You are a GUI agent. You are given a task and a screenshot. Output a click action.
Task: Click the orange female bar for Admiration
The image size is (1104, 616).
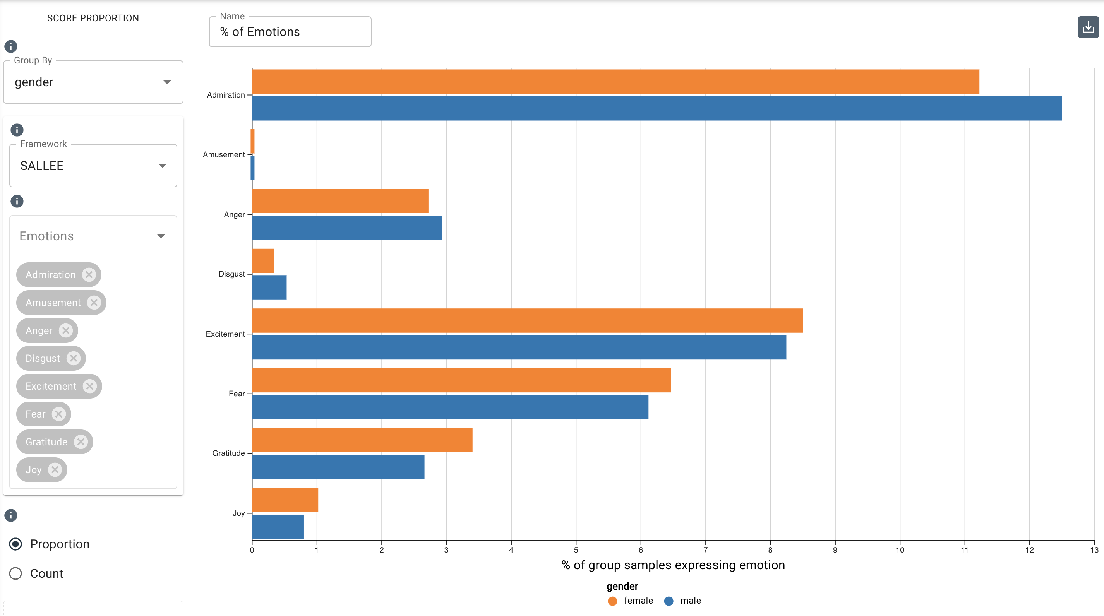[x=615, y=81]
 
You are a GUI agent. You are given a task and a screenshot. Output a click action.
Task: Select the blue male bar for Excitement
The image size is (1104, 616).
[x=519, y=347]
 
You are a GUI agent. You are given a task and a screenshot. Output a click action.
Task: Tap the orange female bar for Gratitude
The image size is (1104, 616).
[x=362, y=440]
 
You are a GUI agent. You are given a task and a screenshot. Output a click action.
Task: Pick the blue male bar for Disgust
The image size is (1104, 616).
[x=269, y=288]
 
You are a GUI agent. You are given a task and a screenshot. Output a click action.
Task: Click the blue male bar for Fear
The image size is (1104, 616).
[x=450, y=407]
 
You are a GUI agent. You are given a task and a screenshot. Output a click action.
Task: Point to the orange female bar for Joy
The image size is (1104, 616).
[x=285, y=500]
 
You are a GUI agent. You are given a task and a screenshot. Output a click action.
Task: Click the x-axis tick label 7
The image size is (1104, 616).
[x=705, y=550]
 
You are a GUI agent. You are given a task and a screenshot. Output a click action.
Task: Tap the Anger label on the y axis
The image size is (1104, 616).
[x=234, y=214]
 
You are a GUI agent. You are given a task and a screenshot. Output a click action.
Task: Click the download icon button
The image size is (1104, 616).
[x=1088, y=27]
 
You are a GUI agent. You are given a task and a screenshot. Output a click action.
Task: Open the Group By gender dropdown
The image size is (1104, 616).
[x=93, y=82]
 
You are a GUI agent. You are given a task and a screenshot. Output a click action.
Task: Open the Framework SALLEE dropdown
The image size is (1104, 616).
[x=93, y=165]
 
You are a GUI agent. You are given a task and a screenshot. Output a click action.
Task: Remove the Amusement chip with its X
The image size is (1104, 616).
[x=94, y=303]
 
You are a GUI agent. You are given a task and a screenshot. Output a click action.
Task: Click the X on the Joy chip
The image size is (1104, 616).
[x=55, y=470]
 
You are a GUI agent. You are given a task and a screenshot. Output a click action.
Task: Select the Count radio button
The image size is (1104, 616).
[x=16, y=573]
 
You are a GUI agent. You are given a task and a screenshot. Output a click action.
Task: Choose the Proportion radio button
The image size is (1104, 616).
[x=16, y=544]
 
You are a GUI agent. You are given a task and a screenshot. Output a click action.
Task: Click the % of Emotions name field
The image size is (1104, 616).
[x=290, y=32]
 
